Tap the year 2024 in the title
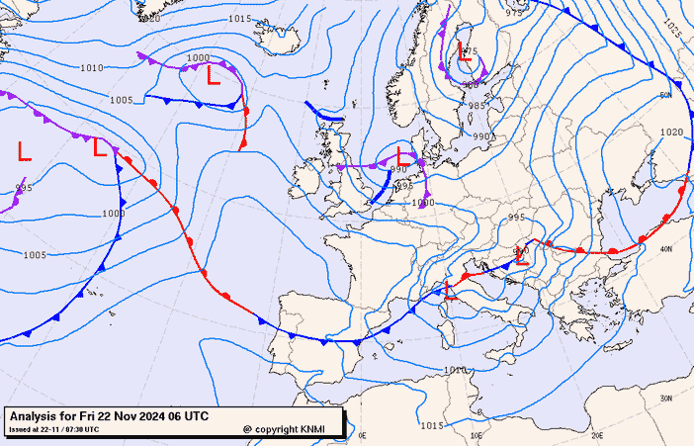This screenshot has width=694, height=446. click(145, 417)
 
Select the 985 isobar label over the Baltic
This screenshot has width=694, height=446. click(477, 106)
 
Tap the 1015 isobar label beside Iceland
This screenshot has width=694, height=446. click(238, 19)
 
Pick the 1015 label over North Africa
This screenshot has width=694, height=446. click(431, 425)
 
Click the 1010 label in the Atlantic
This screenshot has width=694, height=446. click(91, 68)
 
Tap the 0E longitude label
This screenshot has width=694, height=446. click(362, 435)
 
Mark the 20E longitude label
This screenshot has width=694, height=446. click(596, 435)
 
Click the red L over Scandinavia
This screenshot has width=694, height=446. click(464, 55)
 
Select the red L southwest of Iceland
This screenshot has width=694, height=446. click(212, 75)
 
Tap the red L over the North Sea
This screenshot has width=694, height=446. click(399, 155)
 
